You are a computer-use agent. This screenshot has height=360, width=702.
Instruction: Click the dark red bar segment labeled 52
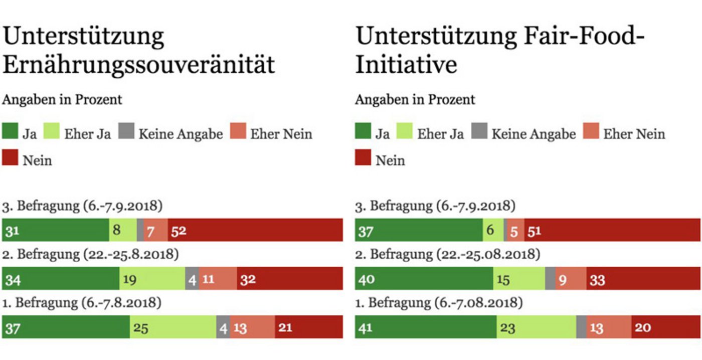(x=255, y=230)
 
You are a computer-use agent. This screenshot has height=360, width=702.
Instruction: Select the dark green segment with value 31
(x=56, y=230)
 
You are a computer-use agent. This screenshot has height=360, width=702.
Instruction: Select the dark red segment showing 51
(x=612, y=230)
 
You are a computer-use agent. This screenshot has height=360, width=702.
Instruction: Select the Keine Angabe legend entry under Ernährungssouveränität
(x=171, y=134)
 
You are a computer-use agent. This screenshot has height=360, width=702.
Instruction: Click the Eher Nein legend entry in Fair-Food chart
(x=625, y=134)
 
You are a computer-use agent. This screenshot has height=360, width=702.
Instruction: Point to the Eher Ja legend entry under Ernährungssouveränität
(x=79, y=134)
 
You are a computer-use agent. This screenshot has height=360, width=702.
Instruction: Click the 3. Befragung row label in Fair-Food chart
(x=435, y=206)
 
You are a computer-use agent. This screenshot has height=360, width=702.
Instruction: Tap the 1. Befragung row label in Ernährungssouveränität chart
(x=81, y=303)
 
